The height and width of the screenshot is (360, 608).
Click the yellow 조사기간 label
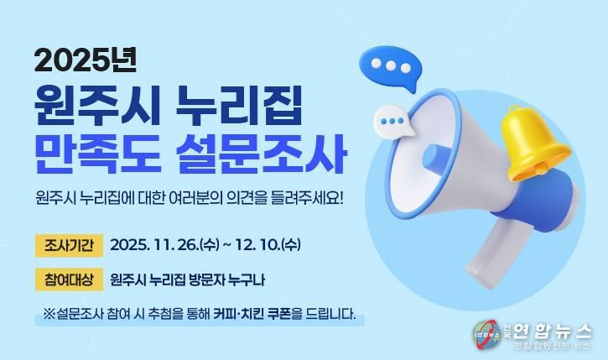pyautogui.click(x=69, y=245)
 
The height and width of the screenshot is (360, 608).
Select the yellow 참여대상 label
pyautogui.click(x=69, y=279)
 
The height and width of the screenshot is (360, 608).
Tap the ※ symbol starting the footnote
pyautogui.click(x=49, y=316)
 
